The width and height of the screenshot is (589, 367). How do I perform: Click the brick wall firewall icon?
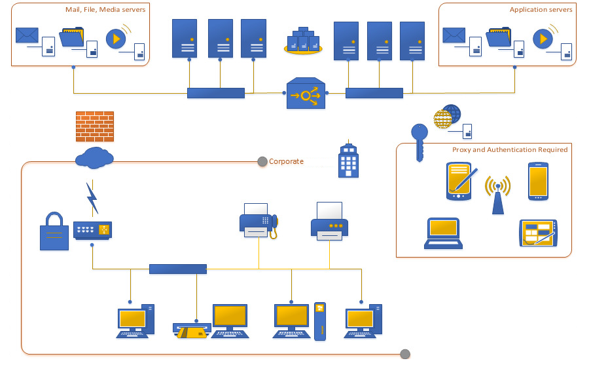(95, 126)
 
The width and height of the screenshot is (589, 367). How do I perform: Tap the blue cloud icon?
(94, 157)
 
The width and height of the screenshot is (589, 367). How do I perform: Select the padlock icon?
(54, 231)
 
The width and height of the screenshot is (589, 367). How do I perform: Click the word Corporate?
(286, 161)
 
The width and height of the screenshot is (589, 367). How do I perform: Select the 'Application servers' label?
(541, 10)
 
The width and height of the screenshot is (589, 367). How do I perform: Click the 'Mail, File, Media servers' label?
(105, 10)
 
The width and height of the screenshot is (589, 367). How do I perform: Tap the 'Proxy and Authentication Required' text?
(510, 150)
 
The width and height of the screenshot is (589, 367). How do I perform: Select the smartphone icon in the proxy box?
(537, 180)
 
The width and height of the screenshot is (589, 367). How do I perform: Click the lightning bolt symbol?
(92, 199)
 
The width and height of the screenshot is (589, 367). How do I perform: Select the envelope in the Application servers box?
(454, 35)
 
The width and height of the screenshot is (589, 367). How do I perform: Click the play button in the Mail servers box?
(116, 38)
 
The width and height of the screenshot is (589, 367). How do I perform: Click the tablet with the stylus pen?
(459, 180)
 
